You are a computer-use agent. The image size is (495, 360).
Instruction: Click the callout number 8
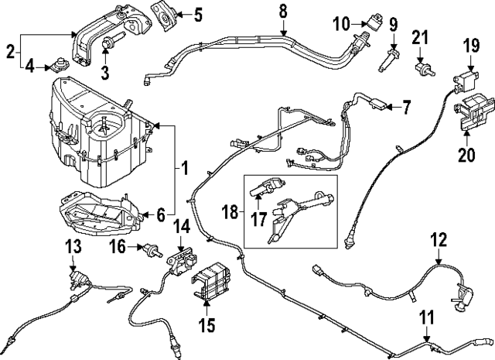pyautogui.click(x=282, y=11)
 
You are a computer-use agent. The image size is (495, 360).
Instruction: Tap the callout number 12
pyautogui.click(x=439, y=240)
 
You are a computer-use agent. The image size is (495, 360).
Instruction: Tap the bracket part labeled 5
pyautogui.click(x=164, y=13)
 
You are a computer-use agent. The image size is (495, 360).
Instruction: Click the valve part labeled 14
pyautogui.click(x=180, y=255)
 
